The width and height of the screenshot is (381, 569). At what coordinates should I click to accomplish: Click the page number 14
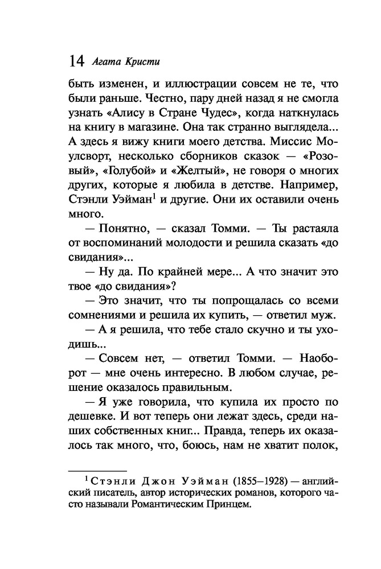pyautogui.click(x=76, y=60)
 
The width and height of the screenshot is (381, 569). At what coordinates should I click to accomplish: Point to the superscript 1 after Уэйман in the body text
pyautogui.click(x=156, y=212)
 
